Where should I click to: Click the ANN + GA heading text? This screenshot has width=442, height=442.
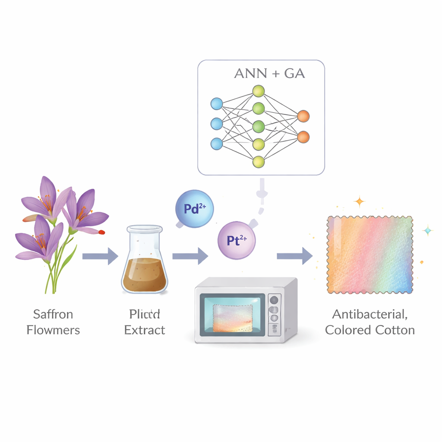pos(269,73)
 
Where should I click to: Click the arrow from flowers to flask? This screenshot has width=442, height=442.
pos(100,256)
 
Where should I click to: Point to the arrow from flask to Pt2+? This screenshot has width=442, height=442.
pos(190,256)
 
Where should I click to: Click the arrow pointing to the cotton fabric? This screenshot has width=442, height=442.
pos(295,256)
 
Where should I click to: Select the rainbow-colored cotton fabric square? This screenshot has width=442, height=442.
pos(369,255)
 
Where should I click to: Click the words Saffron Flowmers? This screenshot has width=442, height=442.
pos(53,322)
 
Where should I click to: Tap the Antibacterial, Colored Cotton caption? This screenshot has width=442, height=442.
pos(370,322)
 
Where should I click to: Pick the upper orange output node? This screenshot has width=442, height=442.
pos(303,116)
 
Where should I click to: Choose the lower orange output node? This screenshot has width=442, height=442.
pos(303,137)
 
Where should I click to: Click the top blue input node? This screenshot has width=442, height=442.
pos(216,104)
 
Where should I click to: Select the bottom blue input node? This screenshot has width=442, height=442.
pos(216,143)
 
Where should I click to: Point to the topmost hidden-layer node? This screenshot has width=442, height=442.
pos(258,91)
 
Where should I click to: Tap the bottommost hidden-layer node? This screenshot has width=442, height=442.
pos(258,162)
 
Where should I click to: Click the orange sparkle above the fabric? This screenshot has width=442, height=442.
pos(359,201)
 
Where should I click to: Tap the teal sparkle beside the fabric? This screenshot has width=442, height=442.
pos(428,230)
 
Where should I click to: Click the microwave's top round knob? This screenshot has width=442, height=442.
pos(273,300)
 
